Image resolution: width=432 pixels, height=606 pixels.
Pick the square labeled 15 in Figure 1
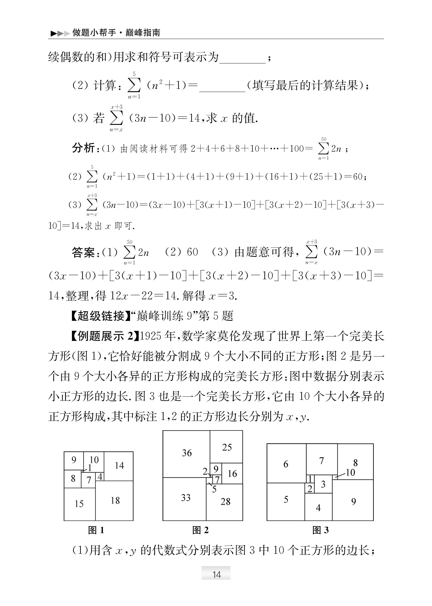(x=79, y=504)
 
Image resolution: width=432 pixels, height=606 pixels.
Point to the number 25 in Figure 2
(x=227, y=447)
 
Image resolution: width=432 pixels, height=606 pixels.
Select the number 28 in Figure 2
(x=225, y=501)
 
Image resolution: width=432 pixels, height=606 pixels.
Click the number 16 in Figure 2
(x=232, y=474)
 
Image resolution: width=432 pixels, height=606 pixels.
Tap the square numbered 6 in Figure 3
(x=286, y=464)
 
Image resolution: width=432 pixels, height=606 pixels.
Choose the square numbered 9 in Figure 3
(x=353, y=501)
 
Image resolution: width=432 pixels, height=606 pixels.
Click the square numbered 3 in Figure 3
(x=323, y=484)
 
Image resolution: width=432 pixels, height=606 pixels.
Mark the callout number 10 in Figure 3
(x=350, y=472)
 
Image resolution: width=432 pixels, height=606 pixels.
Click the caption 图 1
(x=96, y=530)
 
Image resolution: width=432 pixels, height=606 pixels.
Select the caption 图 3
(x=320, y=530)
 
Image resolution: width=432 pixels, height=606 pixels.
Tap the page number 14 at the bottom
(x=216, y=575)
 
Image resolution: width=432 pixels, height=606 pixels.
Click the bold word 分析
(x=83, y=148)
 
